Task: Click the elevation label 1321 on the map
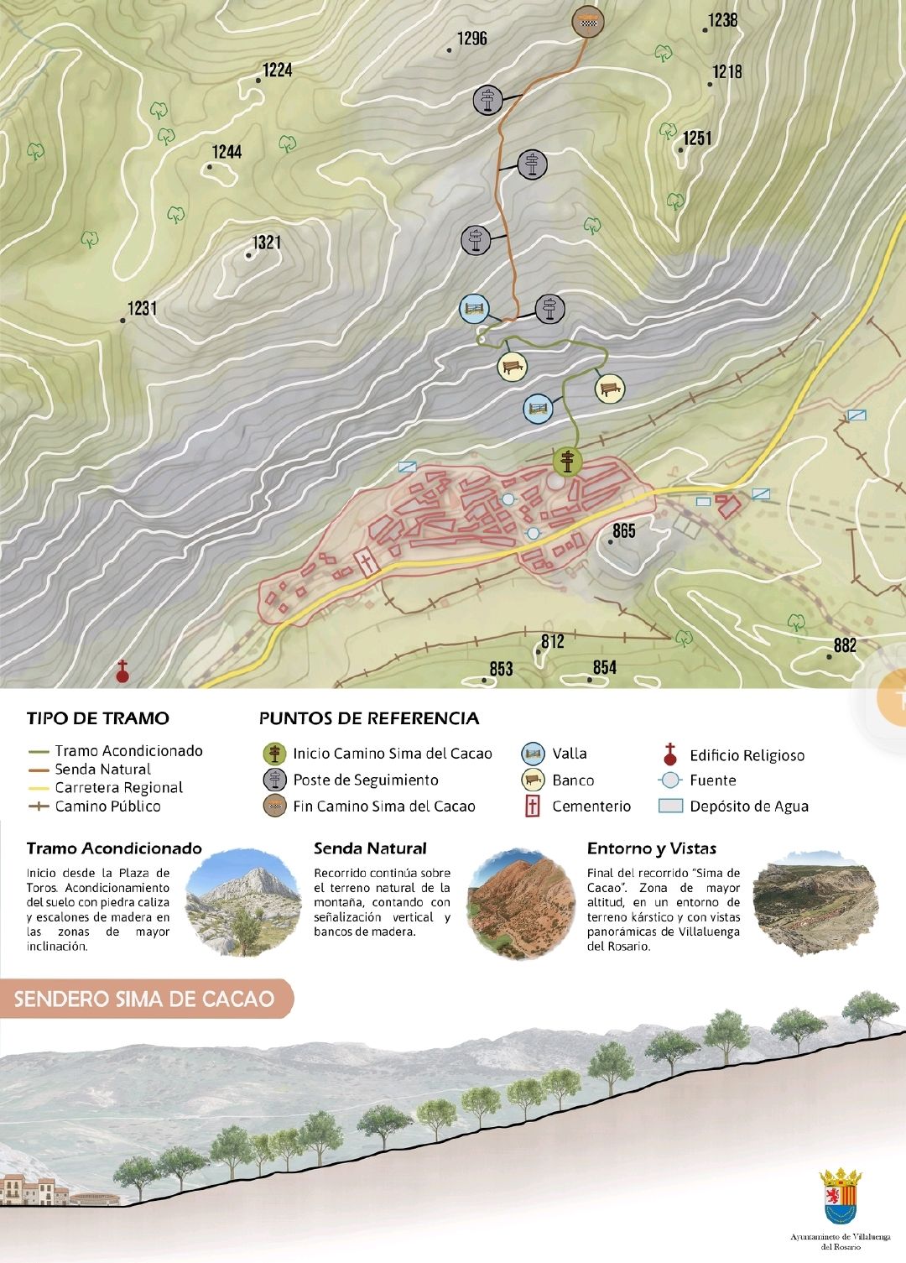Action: pos(267,243)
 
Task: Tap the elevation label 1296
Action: pos(471,39)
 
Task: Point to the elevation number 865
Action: pos(623,530)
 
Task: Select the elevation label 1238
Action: pos(722,20)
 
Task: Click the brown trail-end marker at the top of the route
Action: pos(588,21)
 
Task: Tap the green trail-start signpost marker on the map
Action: pos(568,461)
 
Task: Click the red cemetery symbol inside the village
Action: pos(367,562)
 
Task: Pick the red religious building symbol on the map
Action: pos(122,671)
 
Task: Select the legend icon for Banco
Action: pos(533,780)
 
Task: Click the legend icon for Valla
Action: pos(533,754)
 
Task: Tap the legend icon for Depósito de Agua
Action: pos(670,806)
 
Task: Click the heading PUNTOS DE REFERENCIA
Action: pos(369,718)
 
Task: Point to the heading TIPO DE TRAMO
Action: pos(98,718)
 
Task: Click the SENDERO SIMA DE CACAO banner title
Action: pos(144,999)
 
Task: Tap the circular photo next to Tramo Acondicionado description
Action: pos(242,903)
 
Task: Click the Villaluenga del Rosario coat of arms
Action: pos(841,1197)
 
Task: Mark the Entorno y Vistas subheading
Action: pos(651,848)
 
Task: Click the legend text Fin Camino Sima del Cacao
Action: pos(383,806)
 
